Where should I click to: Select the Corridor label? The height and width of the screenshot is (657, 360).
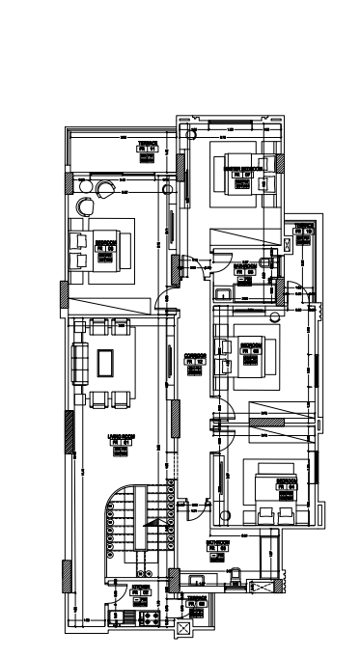tap(193, 356)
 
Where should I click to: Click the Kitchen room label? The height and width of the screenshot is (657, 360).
tap(141, 586)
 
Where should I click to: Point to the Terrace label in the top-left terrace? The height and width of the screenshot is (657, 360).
tap(147, 144)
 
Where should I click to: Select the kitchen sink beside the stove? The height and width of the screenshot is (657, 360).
tap(123, 615)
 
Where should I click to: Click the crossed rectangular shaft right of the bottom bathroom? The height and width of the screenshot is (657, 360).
tap(258, 585)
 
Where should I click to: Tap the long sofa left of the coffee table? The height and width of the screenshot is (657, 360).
tap(78, 364)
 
